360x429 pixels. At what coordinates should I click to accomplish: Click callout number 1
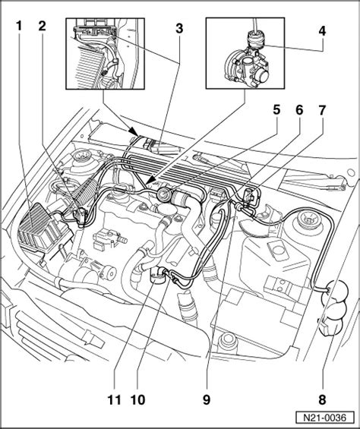19,27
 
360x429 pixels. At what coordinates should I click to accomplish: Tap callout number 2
42,27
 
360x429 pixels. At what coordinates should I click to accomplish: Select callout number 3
179,29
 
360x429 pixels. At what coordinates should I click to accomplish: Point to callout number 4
323,31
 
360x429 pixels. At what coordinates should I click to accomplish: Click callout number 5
276,110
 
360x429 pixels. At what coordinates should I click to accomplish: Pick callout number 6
299,110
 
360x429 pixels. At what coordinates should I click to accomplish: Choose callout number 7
322,110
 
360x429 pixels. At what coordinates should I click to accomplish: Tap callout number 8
323,400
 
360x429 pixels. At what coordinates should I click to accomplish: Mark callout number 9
207,400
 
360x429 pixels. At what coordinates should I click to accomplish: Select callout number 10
137,400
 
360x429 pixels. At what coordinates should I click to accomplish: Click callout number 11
115,400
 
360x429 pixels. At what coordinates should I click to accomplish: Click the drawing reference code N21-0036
324,418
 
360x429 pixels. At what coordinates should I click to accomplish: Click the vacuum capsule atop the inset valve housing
255,39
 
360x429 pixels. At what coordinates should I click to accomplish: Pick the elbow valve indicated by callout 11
158,276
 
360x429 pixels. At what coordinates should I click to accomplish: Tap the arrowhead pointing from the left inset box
134,131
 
